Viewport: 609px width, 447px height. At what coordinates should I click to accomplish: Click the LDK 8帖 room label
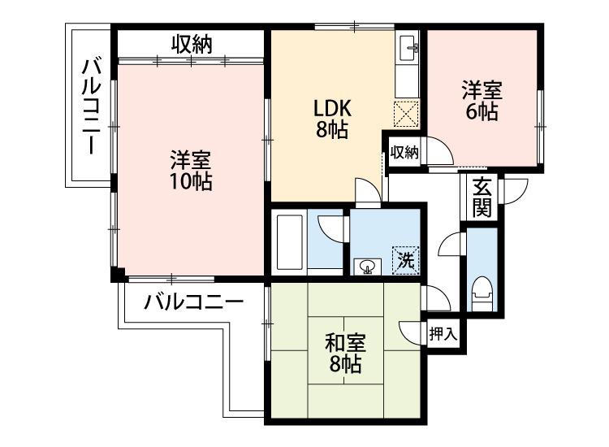coord(331,119)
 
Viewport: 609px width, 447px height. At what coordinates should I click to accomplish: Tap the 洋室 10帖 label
coord(191,170)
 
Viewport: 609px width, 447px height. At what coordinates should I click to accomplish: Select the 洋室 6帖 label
coord(482,100)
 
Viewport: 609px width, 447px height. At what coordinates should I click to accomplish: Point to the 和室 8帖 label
coord(345,353)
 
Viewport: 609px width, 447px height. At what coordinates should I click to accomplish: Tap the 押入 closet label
coord(443,334)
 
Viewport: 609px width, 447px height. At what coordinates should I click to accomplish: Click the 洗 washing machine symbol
coord(406,259)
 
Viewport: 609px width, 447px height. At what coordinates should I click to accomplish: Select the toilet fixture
coord(482,293)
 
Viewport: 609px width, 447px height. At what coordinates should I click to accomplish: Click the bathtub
coord(289,242)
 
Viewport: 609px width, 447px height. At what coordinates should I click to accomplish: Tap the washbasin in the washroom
coord(367,267)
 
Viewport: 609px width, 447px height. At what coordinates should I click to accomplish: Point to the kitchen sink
coord(408,48)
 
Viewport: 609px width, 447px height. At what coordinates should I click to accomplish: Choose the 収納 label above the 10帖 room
coord(192,45)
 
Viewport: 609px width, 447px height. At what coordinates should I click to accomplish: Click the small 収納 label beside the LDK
coord(404,152)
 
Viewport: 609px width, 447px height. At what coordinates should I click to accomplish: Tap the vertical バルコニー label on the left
coord(91,106)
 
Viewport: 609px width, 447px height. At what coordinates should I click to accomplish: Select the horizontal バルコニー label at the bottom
coord(193,302)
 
